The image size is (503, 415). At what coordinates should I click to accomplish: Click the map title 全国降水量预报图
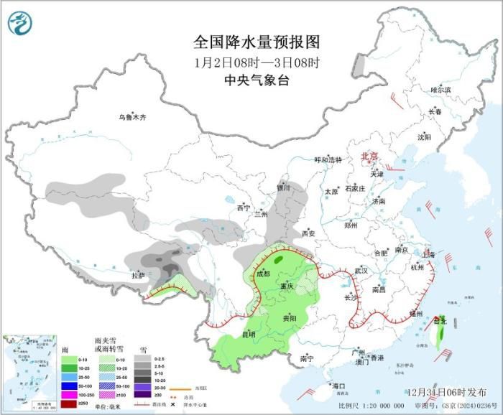coord(256,42)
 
